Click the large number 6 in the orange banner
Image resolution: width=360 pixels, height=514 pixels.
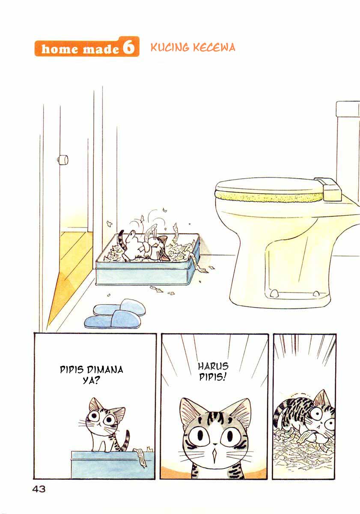coord(128,47)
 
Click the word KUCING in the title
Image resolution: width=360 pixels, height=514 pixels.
coord(170,47)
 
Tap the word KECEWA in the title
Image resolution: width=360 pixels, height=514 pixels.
coord(214,47)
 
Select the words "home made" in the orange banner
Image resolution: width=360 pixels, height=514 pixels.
coord(80,49)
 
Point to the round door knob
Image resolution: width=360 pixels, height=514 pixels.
coord(62,159)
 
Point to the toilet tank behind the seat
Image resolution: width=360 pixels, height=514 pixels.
coord(348,152)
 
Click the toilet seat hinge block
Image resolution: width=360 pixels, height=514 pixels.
coord(328,188)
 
